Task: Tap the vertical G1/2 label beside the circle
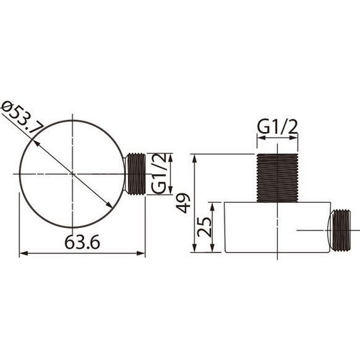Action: click(161, 173)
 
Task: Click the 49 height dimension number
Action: click(183, 203)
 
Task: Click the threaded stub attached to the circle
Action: click(136, 173)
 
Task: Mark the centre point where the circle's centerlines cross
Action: click(73, 173)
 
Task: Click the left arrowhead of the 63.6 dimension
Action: click(23, 253)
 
